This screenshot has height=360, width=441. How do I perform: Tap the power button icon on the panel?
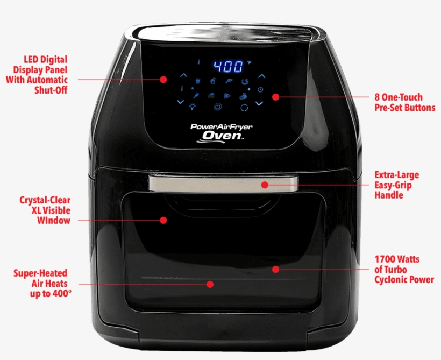[218, 107]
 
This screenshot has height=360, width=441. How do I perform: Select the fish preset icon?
[229, 81]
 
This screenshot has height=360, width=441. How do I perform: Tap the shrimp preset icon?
[245, 81]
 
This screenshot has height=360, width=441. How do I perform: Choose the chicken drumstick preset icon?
[196, 95]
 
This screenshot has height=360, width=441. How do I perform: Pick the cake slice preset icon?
[211, 95]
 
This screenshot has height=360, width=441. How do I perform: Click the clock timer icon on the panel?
[260, 90]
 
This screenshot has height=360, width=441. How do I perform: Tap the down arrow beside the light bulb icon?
[181, 102]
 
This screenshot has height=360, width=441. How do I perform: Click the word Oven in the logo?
[222, 136]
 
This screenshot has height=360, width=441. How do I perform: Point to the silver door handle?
[223, 184]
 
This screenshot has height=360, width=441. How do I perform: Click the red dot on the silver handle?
[265, 185]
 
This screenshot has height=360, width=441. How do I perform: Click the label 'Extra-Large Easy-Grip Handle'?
[396, 185]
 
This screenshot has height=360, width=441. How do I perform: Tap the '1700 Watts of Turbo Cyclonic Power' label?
[403, 269]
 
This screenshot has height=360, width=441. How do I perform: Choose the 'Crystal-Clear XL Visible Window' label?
[45, 210]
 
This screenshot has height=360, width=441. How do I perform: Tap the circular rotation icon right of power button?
[244, 108]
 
